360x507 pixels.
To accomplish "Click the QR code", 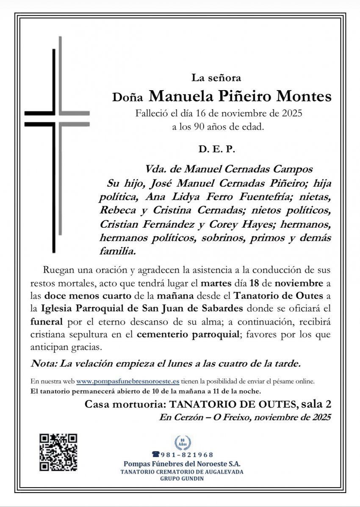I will tap(58, 452).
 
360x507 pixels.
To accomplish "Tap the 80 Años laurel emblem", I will tap(183, 443).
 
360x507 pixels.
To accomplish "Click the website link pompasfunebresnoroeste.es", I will tap(128, 381).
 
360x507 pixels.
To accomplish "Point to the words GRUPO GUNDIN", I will tap(182, 479).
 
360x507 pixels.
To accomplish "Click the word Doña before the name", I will tap(129, 98).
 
